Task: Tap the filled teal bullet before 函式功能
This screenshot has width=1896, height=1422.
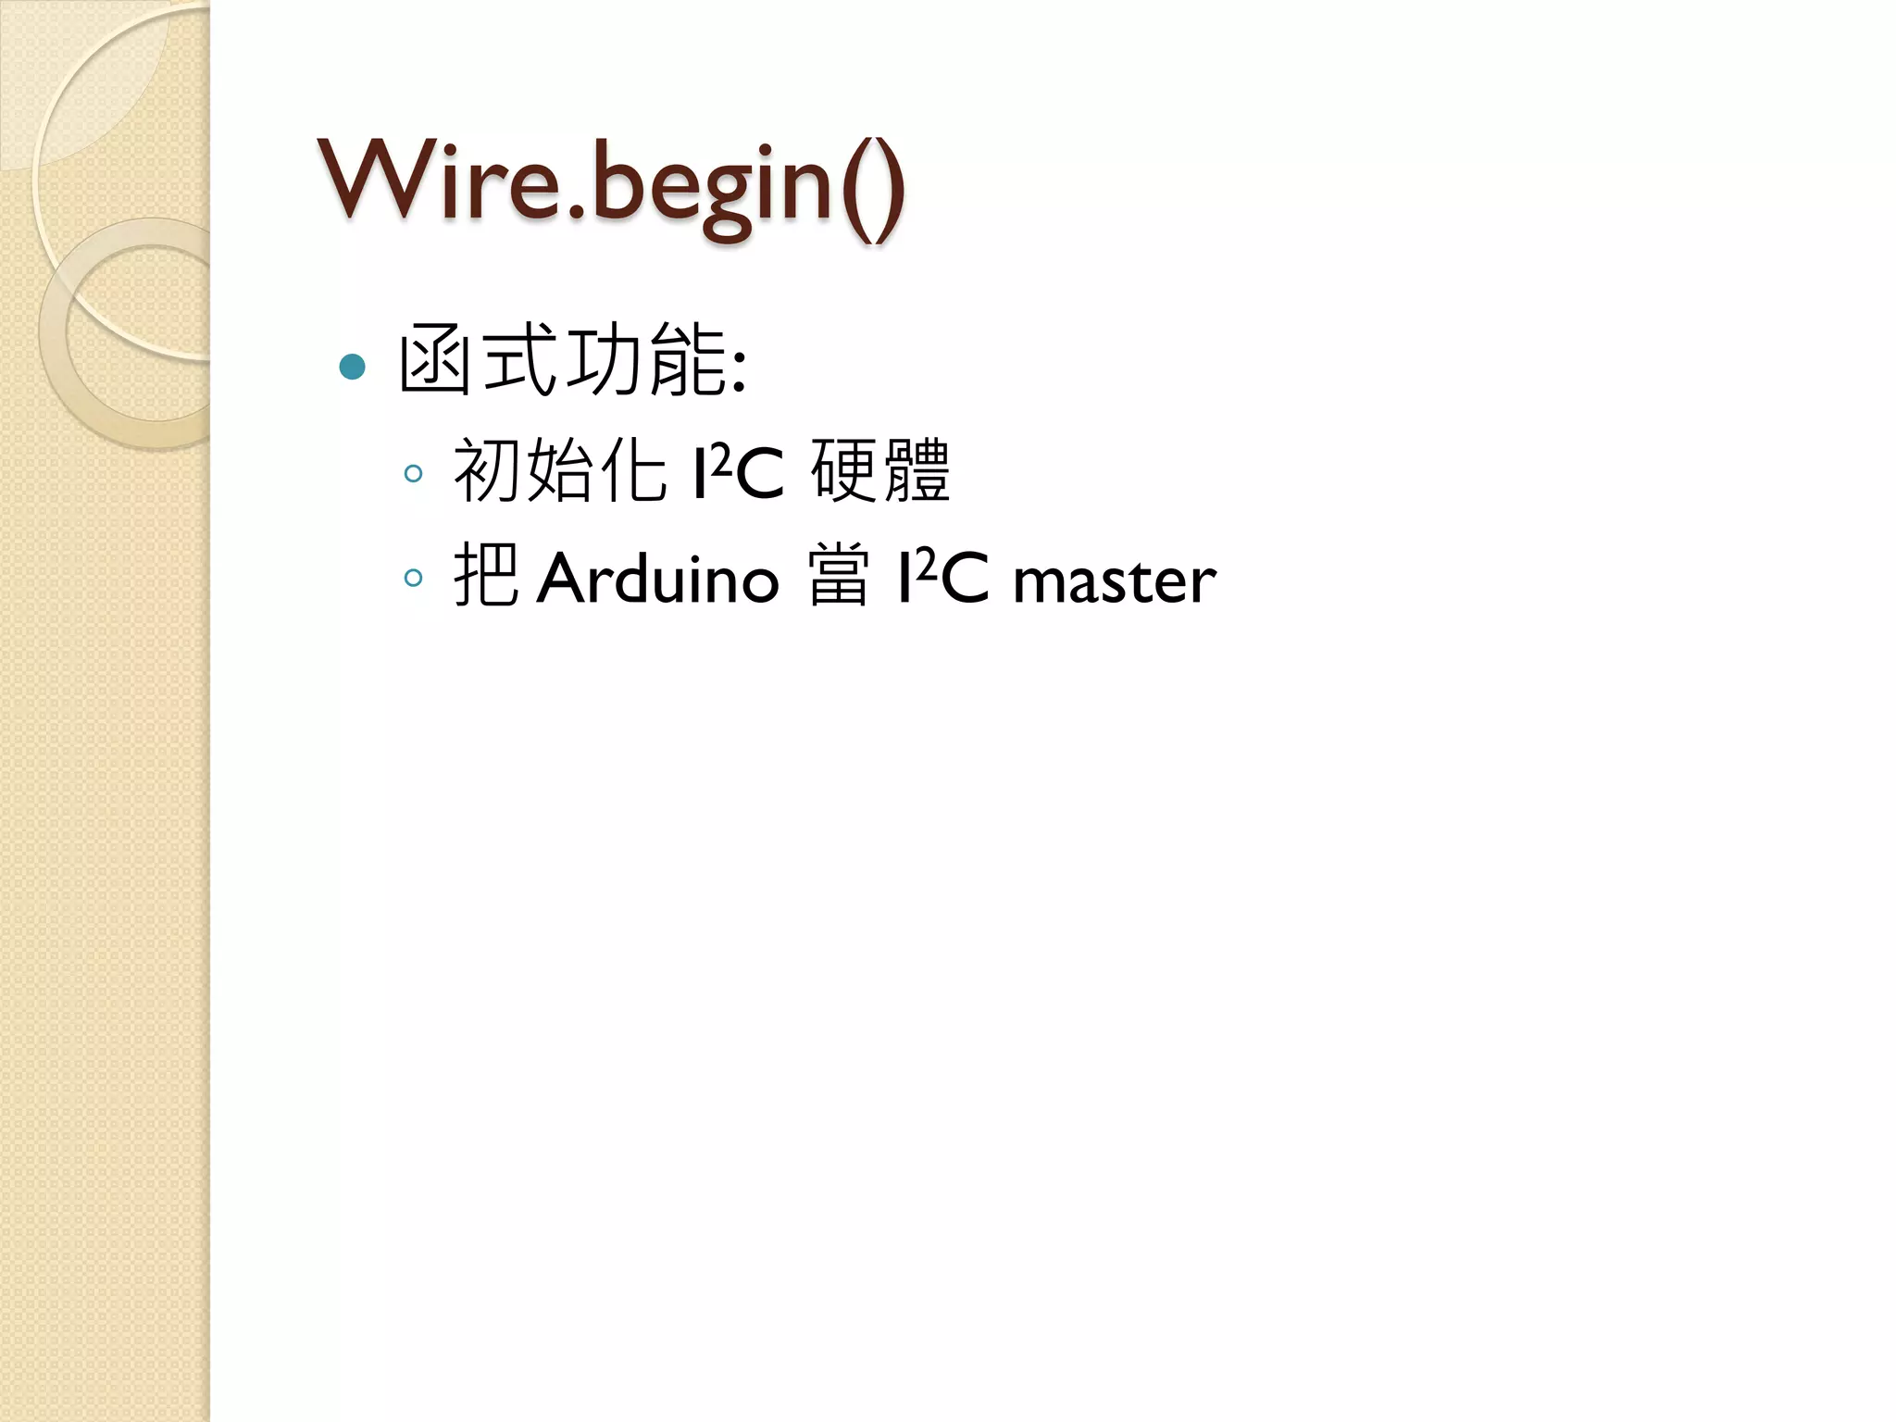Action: pos(352,368)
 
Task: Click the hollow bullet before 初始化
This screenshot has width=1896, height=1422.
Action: pos(414,474)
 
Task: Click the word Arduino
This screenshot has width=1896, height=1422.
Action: pos(657,579)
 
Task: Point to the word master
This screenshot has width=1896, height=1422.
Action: pos(1115,580)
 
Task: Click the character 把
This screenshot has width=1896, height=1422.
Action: pos(485,577)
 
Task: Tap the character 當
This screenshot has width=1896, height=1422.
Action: pos(839,577)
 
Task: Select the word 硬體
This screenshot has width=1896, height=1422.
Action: pos(880,471)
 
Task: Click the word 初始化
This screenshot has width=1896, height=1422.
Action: pos(559,471)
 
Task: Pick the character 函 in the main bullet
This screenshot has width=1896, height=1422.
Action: pos(433,360)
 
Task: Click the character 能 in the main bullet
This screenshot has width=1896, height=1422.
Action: pos(688,360)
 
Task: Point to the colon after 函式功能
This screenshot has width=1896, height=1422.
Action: pos(739,370)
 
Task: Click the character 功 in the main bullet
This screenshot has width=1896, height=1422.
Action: pos(605,360)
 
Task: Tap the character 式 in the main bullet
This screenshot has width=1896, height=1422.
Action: pos(519,360)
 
